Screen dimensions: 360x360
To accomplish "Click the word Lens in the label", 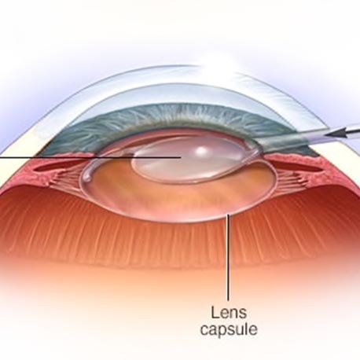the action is tap(229, 313).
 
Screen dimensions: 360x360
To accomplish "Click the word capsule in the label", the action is tap(229, 329).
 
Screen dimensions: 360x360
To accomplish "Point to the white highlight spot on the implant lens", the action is tap(201, 150).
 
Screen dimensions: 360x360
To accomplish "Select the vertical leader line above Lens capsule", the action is tap(229, 257).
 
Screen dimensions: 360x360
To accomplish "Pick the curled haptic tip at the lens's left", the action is tap(86, 178).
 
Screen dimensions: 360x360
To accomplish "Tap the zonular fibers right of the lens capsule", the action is tap(291, 180).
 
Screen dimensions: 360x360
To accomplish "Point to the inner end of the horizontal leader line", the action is tap(181, 157).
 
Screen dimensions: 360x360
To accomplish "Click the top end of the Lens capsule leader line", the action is tap(229, 215).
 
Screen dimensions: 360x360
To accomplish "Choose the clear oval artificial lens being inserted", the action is tap(194, 160).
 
